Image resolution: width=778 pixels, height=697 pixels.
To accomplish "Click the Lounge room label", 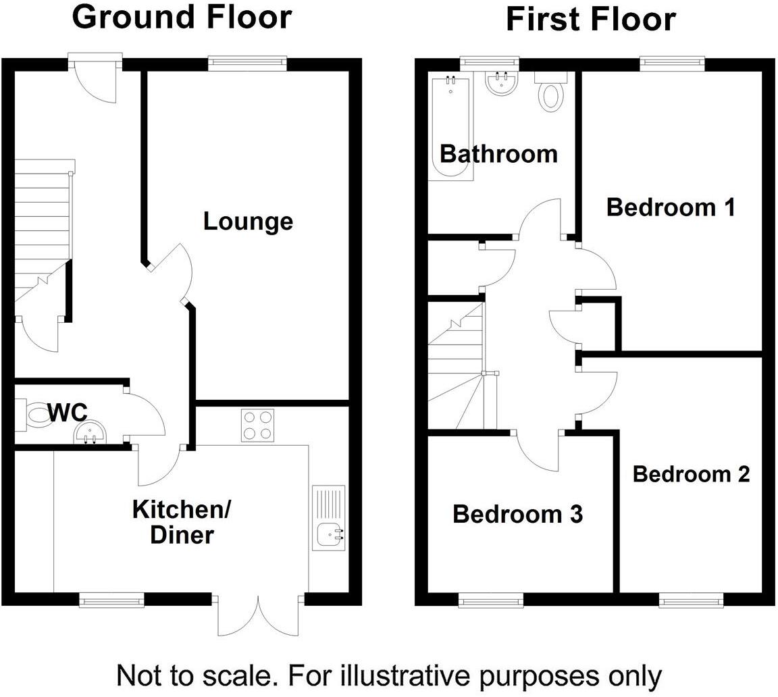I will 248,222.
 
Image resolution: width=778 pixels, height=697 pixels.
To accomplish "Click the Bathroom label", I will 498,154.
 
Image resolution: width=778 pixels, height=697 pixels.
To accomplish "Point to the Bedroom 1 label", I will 671,207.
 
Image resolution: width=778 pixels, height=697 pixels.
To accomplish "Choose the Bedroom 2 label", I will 691,474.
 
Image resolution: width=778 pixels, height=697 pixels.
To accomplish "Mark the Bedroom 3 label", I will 517,514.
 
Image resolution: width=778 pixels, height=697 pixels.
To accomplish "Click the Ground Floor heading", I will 182,18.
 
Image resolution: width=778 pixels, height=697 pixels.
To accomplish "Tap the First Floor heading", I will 590,19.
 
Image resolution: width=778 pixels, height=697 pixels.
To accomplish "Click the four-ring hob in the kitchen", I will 258,425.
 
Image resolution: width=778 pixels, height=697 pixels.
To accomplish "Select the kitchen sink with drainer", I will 329,517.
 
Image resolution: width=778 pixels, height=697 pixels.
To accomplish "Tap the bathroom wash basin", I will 501,84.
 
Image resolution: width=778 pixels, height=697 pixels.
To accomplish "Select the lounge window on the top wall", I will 247,63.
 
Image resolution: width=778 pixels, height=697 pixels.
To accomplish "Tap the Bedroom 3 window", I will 491,599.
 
